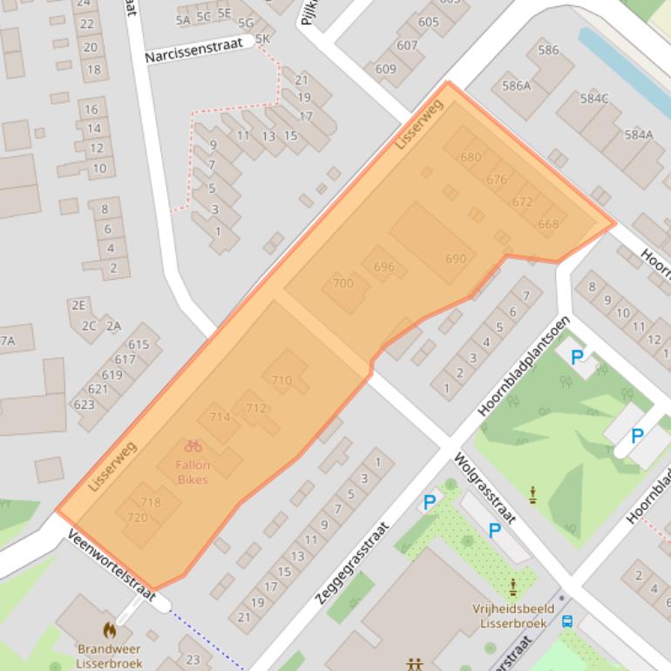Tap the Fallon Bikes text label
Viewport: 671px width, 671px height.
click(193, 472)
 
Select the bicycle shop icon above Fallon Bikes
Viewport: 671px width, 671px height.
click(193, 446)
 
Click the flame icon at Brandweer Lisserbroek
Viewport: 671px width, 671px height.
click(110, 629)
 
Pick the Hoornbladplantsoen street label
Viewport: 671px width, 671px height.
click(524, 364)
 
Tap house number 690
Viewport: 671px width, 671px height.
click(456, 259)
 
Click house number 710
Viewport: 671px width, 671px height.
click(281, 380)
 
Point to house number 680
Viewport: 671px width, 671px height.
click(471, 158)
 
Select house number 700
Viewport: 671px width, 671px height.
click(343, 282)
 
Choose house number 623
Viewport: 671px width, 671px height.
click(84, 404)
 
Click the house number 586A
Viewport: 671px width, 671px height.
click(516, 85)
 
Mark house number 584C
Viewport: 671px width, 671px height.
click(594, 98)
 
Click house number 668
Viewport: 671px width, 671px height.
click(548, 224)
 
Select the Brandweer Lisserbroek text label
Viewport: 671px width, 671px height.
click(110, 655)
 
